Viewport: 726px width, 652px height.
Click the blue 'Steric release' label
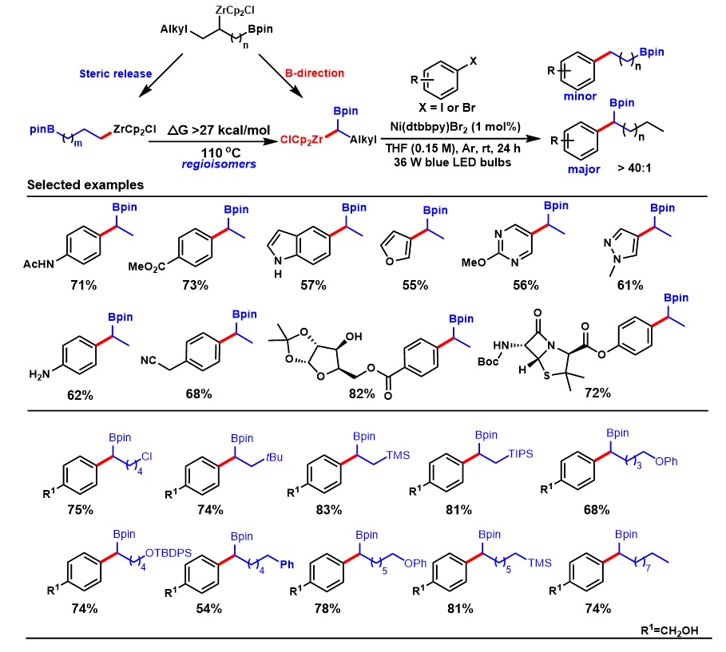[x=115, y=74]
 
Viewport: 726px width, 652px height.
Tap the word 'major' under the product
[x=577, y=168]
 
